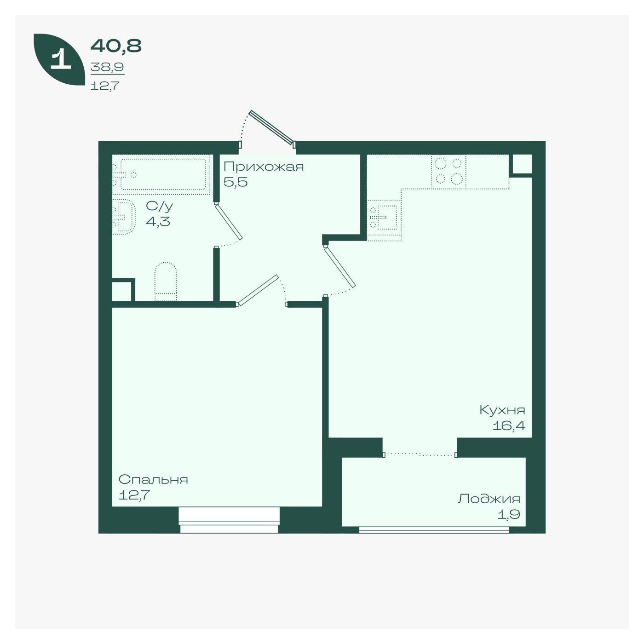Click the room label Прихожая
tap(263, 167)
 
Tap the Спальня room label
tap(153, 479)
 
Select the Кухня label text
tap(502, 410)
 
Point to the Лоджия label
tap(489, 499)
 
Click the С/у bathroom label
tap(160, 206)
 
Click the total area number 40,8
tap(116, 46)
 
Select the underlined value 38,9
tap(107, 67)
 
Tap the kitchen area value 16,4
tap(509, 425)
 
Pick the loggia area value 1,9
tap(509, 515)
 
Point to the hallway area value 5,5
tap(235, 182)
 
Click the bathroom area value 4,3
tap(158, 221)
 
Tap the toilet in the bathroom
tap(166, 281)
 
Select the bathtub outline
tap(163, 174)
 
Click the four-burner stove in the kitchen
tap(448, 172)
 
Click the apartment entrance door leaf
tap(272, 128)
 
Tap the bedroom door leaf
tap(258, 290)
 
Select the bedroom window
tap(229, 520)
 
